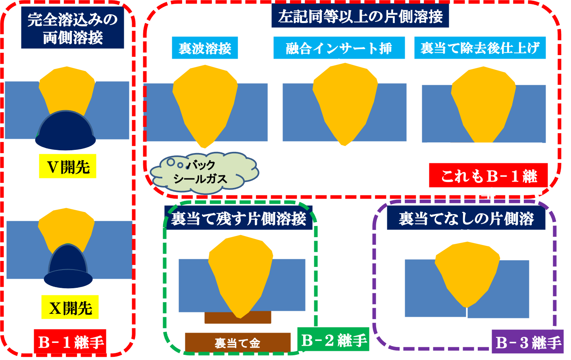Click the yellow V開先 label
pos(68,166)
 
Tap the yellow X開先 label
pos(70,307)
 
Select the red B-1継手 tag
pos(70,342)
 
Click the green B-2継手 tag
pos(333,340)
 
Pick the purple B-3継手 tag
pos(528,342)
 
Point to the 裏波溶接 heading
pos(205,48)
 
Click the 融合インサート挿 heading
pos(339,48)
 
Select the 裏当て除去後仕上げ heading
pos(480,48)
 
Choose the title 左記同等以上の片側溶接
pos(360,17)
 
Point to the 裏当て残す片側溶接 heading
pos(238,218)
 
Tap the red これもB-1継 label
pos(488,175)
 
